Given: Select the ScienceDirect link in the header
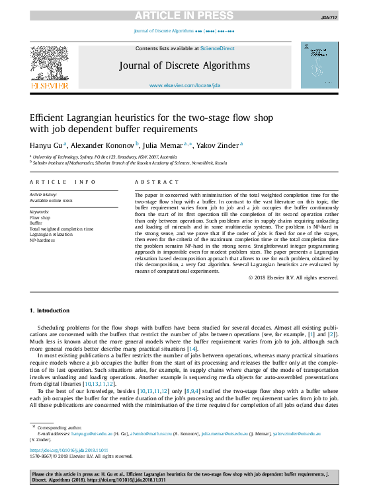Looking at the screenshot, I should point(218,48).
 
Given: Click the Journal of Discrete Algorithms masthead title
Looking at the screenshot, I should point(185,65).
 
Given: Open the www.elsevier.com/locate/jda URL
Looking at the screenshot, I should point(185,85).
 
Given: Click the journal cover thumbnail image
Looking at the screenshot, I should point(319,65).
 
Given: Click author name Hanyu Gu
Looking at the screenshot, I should point(46,143).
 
